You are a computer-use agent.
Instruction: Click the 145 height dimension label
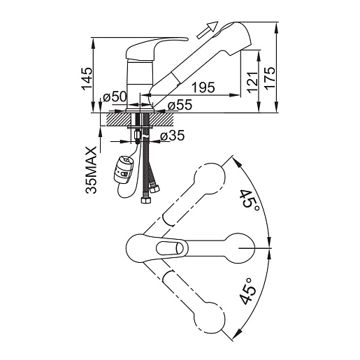pyautogui.click(x=87, y=78)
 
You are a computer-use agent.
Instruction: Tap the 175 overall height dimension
pyautogui.click(x=270, y=78)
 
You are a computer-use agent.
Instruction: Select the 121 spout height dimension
pyautogui.click(x=253, y=82)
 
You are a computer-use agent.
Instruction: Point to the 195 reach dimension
pyautogui.click(x=203, y=87)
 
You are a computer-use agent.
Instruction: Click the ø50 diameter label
pyautogui.click(x=115, y=96)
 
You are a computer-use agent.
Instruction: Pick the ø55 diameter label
pyautogui.click(x=180, y=105)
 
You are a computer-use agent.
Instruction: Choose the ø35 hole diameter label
pyautogui.click(x=173, y=136)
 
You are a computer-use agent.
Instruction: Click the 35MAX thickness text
pyautogui.click(x=91, y=170)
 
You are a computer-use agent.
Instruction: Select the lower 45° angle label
pyautogui.click(x=247, y=291)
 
